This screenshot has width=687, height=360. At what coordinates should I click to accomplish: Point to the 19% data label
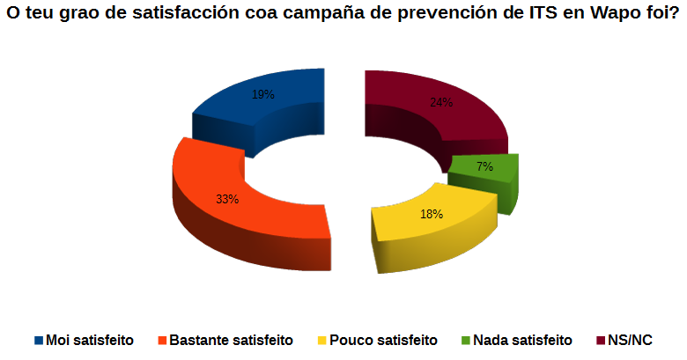(x=262, y=94)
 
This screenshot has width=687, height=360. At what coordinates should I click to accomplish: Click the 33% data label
(x=227, y=199)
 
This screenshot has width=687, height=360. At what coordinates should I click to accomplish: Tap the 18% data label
(x=431, y=214)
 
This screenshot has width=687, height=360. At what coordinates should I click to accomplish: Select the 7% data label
(x=484, y=166)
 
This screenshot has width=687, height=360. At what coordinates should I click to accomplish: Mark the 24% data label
(x=441, y=102)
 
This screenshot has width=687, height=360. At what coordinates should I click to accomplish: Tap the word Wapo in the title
(x=603, y=17)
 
